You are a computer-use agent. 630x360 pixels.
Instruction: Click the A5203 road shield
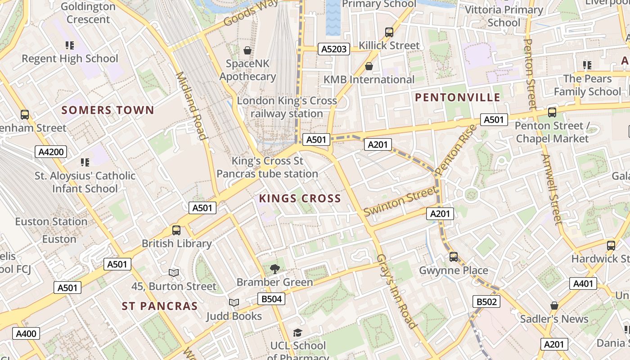tap(334, 49)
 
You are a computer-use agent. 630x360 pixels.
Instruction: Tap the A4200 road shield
tap(51, 152)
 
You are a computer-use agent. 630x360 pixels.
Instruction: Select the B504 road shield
tap(271, 299)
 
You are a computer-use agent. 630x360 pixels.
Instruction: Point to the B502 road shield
tap(486, 301)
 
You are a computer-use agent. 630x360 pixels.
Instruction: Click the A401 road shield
tap(584, 283)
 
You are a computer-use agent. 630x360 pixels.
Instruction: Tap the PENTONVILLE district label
tap(457, 98)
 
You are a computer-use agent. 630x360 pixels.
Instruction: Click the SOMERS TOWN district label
tap(108, 110)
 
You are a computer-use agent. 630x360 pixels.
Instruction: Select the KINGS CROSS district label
tap(300, 198)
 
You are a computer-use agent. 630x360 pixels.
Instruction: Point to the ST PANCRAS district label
tap(160, 306)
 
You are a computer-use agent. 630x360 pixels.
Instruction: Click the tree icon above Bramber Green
tap(274, 269)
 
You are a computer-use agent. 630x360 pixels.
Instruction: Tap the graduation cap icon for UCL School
tap(297, 333)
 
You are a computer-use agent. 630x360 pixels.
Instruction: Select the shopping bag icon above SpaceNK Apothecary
tap(247, 50)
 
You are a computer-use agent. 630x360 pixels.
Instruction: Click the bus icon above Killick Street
tap(389, 32)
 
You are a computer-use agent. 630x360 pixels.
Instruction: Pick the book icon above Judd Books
tap(234, 303)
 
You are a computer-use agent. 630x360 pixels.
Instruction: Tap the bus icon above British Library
tap(176, 230)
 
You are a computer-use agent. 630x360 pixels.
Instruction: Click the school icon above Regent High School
tap(69, 45)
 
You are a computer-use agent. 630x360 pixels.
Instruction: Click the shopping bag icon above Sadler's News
tap(554, 306)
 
